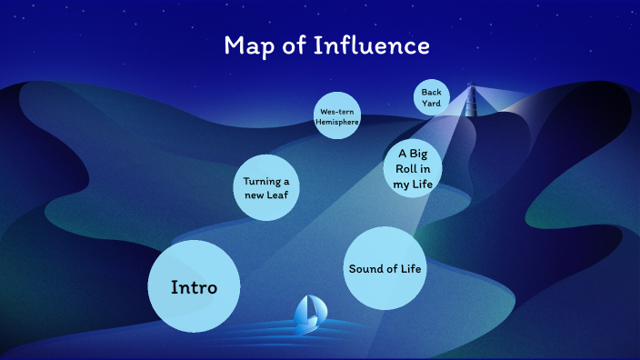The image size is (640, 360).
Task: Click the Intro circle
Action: pos(194,286)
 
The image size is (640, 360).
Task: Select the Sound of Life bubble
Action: pos(386,268)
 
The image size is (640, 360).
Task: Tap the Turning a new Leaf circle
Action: pos(266,187)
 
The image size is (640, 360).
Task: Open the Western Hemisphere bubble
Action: pos(337,115)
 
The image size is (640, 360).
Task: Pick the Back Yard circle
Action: pos(432,97)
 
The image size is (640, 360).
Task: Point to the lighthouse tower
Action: pos(471,100)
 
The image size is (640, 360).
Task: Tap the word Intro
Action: pos(194,287)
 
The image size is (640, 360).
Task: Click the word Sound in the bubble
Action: pos(365,268)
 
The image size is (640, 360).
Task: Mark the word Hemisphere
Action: pos(337,121)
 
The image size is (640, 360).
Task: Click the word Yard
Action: pos(432,103)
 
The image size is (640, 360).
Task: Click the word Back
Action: pos(432,92)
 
